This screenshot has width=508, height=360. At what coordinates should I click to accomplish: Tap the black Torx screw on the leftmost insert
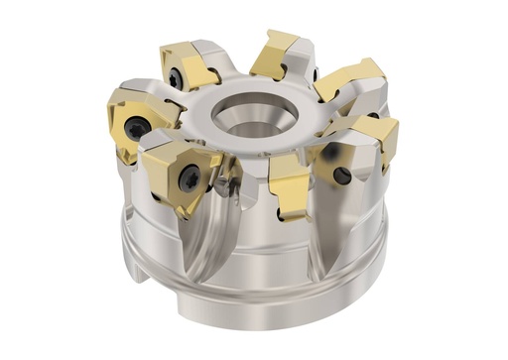click(137, 126)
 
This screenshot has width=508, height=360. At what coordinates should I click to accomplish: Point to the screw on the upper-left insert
click(176, 76)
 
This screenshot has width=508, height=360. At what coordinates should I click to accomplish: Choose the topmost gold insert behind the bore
click(278, 55)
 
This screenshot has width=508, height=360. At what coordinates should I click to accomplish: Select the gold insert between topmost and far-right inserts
click(347, 79)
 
